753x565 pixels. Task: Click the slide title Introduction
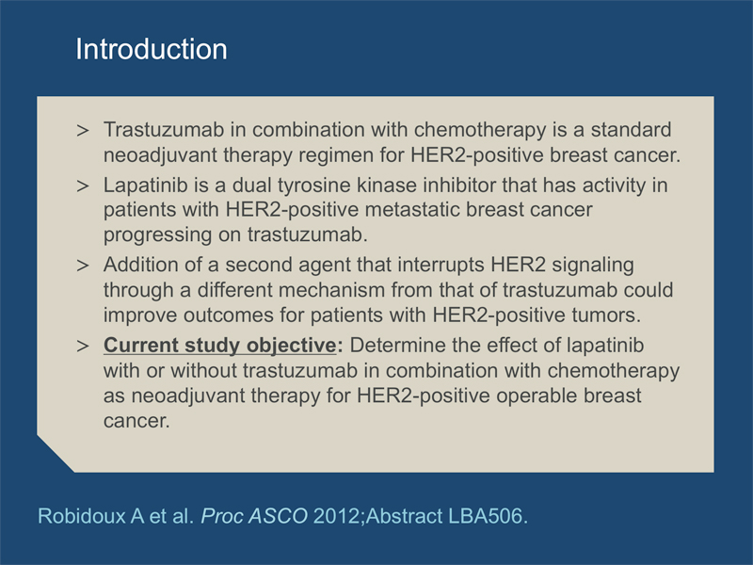tap(152, 49)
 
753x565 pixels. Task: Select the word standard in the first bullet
tap(631, 130)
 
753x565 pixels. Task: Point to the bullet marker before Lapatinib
tap(83, 186)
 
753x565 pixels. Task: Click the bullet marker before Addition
tap(83, 266)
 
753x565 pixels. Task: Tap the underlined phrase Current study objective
tap(220, 346)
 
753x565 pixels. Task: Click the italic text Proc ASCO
tap(254, 516)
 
